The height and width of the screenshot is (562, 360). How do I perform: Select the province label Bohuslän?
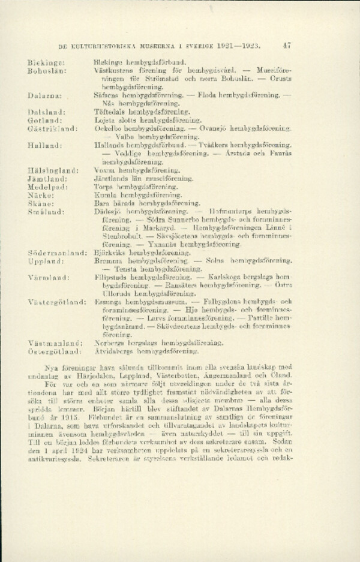click(46, 71)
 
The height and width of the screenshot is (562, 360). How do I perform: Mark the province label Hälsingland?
click(50, 171)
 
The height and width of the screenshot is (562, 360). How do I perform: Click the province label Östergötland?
click(55, 350)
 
